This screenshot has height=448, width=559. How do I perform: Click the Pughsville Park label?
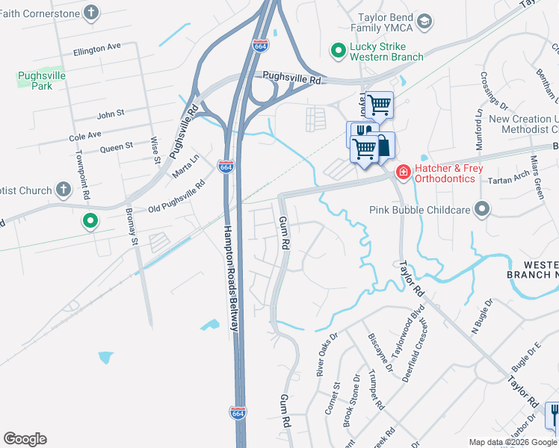pyautogui.click(x=42, y=81)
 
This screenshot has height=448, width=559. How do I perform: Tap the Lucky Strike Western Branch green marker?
pyautogui.click(x=337, y=51)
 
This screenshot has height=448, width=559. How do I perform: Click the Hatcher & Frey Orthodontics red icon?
pyautogui.click(x=403, y=173)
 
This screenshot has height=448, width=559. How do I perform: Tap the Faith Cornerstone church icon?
pyautogui.click(x=91, y=12)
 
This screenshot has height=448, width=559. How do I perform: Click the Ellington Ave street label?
pyautogui.click(x=96, y=47)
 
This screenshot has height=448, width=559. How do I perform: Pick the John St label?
pyautogui.click(x=111, y=114)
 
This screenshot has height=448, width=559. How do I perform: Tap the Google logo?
pyautogui.click(x=25, y=439)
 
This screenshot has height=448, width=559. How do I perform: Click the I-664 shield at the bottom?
pyautogui.click(x=238, y=412)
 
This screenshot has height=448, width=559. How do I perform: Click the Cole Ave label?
pyautogui.click(x=84, y=137)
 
